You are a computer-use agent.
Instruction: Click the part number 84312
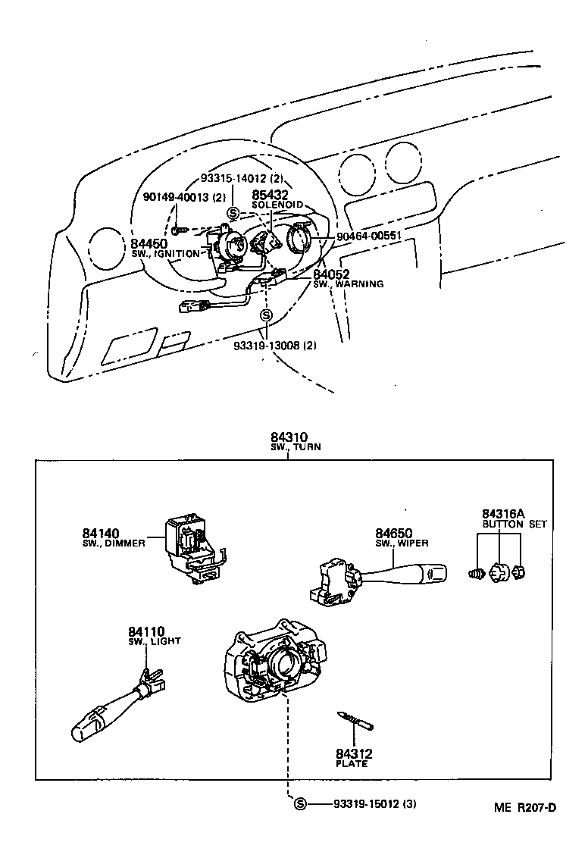coord(353,753)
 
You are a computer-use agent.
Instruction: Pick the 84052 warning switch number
coord(331,274)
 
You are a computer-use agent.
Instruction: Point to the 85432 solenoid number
coord(270,195)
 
